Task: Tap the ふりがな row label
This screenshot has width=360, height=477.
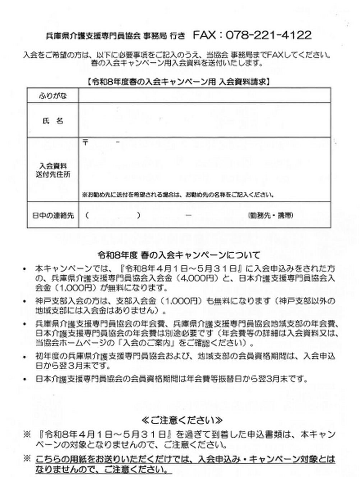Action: click(x=53, y=96)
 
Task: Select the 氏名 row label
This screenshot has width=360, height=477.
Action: click(x=53, y=121)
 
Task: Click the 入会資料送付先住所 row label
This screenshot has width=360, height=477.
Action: click(x=53, y=170)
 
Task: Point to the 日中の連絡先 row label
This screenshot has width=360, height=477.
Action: click(x=53, y=216)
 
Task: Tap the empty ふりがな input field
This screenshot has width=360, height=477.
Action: click(x=204, y=96)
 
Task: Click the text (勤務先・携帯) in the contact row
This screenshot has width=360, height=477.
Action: click(x=271, y=216)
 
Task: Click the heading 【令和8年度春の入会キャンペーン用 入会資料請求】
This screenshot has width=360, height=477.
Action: click(x=179, y=82)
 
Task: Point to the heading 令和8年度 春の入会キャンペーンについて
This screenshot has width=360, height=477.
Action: click(x=179, y=255)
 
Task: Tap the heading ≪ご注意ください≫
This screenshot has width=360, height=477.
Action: click(x=182, y=420)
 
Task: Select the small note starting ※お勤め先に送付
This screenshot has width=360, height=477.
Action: click(x=178, y=195)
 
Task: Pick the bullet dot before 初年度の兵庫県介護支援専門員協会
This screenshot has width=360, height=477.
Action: click(x=24, y=357)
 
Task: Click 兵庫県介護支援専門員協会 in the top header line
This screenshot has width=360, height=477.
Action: click(x=93, y=36)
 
